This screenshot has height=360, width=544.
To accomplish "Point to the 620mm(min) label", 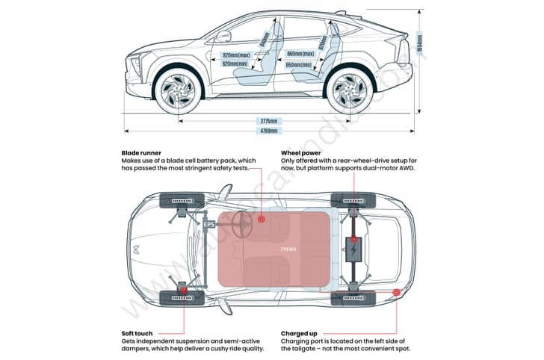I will (236, 64).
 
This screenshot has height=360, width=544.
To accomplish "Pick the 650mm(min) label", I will (300, 64).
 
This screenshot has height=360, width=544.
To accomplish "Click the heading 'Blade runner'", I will (141, 152).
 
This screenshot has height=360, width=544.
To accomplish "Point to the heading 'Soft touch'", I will (139, 333).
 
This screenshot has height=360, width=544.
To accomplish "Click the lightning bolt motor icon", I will (352, 249).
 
